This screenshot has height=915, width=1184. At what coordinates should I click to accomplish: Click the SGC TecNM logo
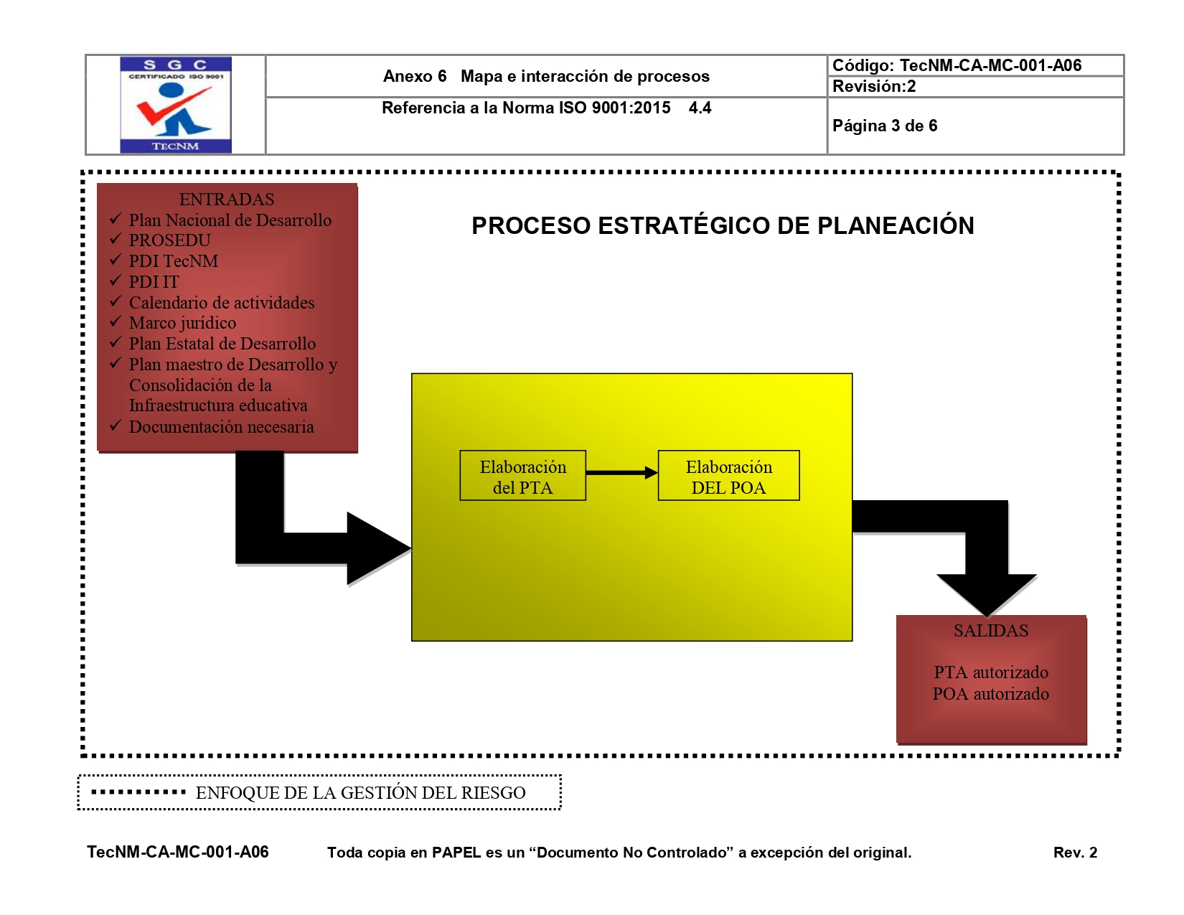click(176, 105)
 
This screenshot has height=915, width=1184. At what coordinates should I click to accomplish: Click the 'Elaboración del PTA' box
click(522, 476)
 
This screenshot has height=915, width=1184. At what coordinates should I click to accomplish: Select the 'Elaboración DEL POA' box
click(728, 476)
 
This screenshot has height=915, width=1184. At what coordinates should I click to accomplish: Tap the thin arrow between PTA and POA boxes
click(621, 473)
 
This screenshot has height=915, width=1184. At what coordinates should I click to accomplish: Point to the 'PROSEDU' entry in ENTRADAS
click(169, 240)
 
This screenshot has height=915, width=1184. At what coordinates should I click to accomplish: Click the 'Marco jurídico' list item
click(182, 323)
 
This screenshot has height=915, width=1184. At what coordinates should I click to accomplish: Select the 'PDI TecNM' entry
click(173, 261)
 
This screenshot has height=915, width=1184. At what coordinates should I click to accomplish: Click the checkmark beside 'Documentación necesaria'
click(116, 426)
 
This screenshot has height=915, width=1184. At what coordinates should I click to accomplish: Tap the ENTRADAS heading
click(227, 200)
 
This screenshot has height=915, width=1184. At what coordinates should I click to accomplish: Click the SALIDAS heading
click(991, 631)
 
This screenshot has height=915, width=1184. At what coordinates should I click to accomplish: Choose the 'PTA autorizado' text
click(991, 672)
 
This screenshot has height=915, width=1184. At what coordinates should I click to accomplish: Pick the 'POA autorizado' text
click(991, 694)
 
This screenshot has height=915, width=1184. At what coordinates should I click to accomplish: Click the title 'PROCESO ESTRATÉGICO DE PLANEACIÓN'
click(723, 226)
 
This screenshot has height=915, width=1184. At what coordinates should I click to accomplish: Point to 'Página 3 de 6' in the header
click(885, 126)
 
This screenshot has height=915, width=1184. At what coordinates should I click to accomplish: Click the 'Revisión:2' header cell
click(874, 87)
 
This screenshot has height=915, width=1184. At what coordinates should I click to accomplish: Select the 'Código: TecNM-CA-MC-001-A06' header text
click(957, 66)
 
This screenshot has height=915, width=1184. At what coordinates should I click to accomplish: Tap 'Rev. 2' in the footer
click(1075, 853)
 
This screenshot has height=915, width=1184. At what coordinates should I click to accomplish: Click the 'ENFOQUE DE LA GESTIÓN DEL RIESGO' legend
click(360, 793)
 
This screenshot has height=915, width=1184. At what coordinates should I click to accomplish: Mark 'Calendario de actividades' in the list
click(222, 303)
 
